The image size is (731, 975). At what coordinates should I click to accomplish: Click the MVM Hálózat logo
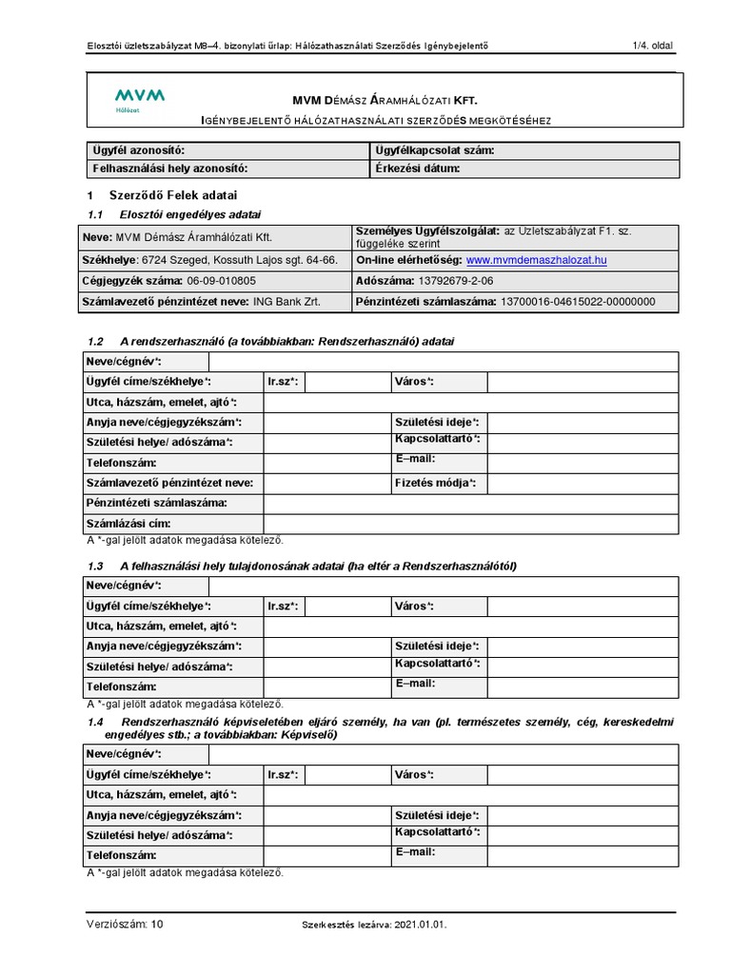click(x=138, y=99)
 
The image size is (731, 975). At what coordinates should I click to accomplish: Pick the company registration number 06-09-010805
click(x=222, y=281)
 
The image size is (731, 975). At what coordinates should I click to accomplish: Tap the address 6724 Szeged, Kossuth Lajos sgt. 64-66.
click(x=238, y=259)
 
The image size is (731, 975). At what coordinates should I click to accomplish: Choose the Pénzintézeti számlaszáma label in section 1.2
click(x=157, y=503)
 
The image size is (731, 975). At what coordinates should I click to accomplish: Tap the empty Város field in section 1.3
click(x=582, y=607)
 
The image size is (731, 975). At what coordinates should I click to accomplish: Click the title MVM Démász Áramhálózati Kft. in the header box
click(x=384, y=99)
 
